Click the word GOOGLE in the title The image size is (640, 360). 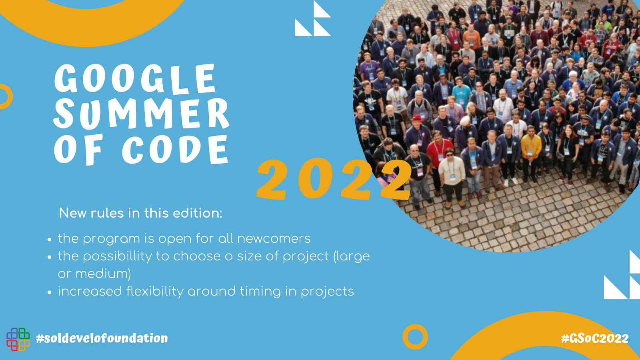(x=135, y=79)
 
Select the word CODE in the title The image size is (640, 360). (x=175, y=149)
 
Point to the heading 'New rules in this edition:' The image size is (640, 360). (x=140, y=213)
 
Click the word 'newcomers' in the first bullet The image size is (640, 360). (x=274, y=238)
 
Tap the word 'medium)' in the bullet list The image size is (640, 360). (x=103, y=274)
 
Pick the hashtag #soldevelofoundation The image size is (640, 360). (x=102, y=338)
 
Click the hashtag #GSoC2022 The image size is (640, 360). (x=594, y=338)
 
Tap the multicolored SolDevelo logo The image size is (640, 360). (x=18, y=339)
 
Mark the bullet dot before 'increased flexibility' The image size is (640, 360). (x=50, y=292)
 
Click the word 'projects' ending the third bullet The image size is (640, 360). (x=327, y=292)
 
